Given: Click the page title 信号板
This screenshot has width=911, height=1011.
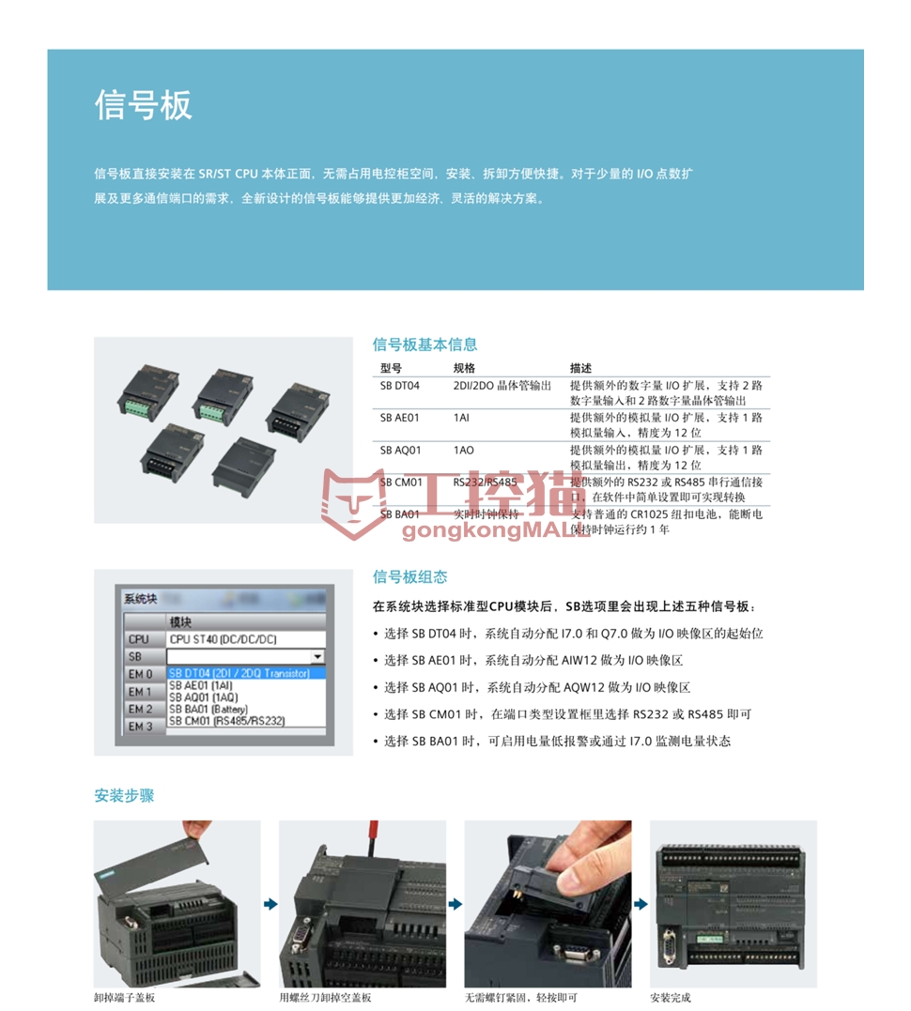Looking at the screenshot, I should (x=143, y=104).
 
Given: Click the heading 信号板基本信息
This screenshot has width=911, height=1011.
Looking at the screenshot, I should (x=425, y=345).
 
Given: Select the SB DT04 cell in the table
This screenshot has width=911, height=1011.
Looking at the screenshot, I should (x=399, y=386).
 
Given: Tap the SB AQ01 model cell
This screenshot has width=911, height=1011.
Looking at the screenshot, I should (x=400, y=451).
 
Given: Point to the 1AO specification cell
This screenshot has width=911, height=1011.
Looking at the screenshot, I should (x=463, y=451).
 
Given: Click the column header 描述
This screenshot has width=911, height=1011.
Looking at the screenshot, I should (x=580, y=368).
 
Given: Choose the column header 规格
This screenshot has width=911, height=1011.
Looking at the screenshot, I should (x=464, y=368).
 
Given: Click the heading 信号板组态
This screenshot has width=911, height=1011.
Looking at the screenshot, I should (x=409, y=576).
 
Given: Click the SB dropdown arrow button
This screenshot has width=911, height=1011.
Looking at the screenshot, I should (x=317, y=657).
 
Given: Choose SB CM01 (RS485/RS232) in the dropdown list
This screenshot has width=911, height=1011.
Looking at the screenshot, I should (x=226, y=721).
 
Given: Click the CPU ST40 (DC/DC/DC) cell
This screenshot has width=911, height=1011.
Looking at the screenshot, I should (x=223, y=639).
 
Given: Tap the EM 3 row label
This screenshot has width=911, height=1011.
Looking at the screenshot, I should (x=140, y=727).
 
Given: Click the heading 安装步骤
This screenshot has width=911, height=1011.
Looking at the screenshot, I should (x=124, y=796).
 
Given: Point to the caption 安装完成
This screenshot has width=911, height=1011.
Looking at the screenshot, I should (x=672, y=998).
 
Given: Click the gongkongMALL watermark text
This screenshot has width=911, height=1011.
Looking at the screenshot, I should (x=496, y=532).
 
